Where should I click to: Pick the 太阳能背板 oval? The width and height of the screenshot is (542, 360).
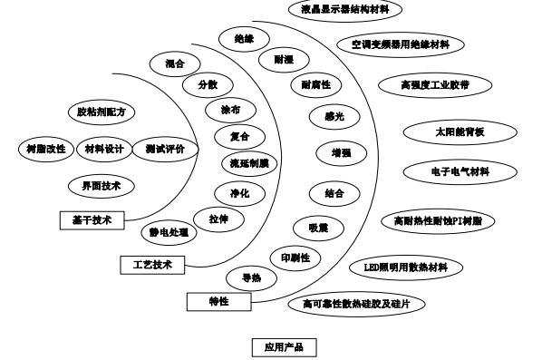(460, 131)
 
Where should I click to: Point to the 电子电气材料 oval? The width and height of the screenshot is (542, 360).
(460, 170)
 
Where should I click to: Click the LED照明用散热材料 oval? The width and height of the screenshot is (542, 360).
(411, 268)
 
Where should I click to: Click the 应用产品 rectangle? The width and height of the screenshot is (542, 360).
(284, 347)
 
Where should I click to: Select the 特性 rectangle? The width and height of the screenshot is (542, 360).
(218, 300)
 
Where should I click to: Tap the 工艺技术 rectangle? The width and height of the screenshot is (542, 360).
(152, 264)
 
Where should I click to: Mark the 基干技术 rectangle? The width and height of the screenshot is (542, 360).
(91, 219)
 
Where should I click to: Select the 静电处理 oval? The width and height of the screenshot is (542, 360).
(169, 232)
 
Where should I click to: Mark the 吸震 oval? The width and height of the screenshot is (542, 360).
(317, 226)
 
